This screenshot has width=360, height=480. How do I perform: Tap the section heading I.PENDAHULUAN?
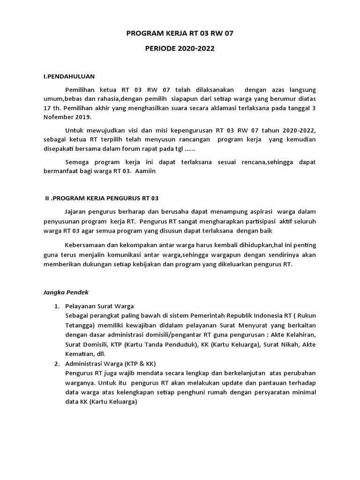[69, 76]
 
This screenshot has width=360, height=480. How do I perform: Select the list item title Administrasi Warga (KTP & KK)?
[110, 364]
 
